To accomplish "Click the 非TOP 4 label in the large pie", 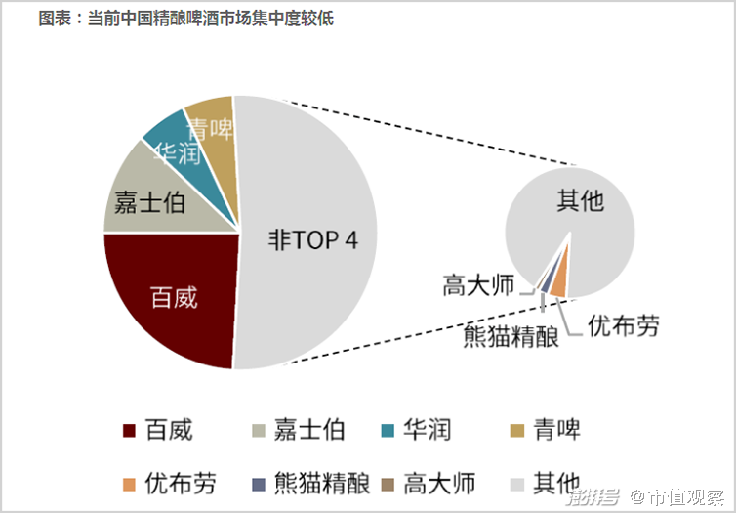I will pyautogui.click(x=313, y=240).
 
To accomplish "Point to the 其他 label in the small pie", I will pyautogui.click(x=581, y=202).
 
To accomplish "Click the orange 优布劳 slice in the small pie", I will pyautogui.click(x=559, y=283).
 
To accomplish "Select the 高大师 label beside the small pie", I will pyautogui.click(x=477, y=285).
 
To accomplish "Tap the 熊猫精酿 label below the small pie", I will pyautogui.click(x=511, y=337).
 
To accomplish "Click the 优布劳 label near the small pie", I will pyautogui.click(x=624, y=325).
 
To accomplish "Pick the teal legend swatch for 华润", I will pyautogui.click(x=388, y=430).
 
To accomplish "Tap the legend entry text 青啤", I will pyautogui.click(x=557, y=430).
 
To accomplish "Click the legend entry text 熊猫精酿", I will pyautogui.click(x=322, y=483).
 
